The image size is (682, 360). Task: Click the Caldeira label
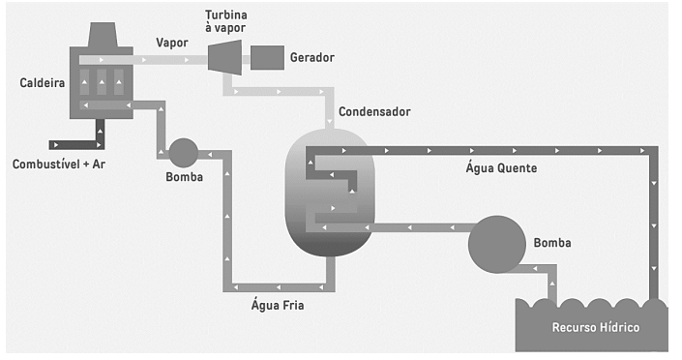pos(43,82)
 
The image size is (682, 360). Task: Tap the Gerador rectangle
pos(267,57)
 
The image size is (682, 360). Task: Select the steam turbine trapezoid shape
pos(224,57)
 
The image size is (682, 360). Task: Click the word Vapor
pos(172,43)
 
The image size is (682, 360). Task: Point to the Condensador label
pos(374,112)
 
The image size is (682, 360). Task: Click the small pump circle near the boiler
pos(183,153)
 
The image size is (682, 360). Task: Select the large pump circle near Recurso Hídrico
pos(496,244)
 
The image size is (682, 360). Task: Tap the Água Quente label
pos(501,168)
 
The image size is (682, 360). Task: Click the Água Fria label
pos(278,305)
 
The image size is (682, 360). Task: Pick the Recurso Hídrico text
pos(596,327)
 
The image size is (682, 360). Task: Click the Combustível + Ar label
pos(59,165)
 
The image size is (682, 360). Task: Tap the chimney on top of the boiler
pos(103,35)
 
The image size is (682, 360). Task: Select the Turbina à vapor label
pos(226,21)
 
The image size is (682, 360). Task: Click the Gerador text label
pos(312,57)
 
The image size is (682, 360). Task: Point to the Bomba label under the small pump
pos(185,177)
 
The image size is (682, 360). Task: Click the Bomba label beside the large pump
pos(552,243)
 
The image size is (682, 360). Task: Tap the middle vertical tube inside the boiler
pos(102,82)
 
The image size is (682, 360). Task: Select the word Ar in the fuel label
pos(99,165)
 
